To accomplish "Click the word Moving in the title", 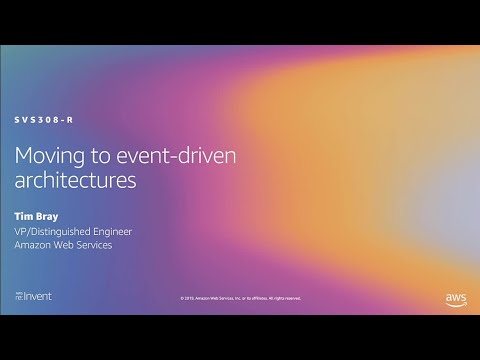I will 47,157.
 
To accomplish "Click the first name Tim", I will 24,214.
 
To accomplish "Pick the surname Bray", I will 46,214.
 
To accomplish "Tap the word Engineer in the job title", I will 110,231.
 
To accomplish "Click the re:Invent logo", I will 33,297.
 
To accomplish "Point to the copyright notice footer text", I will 240,298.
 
